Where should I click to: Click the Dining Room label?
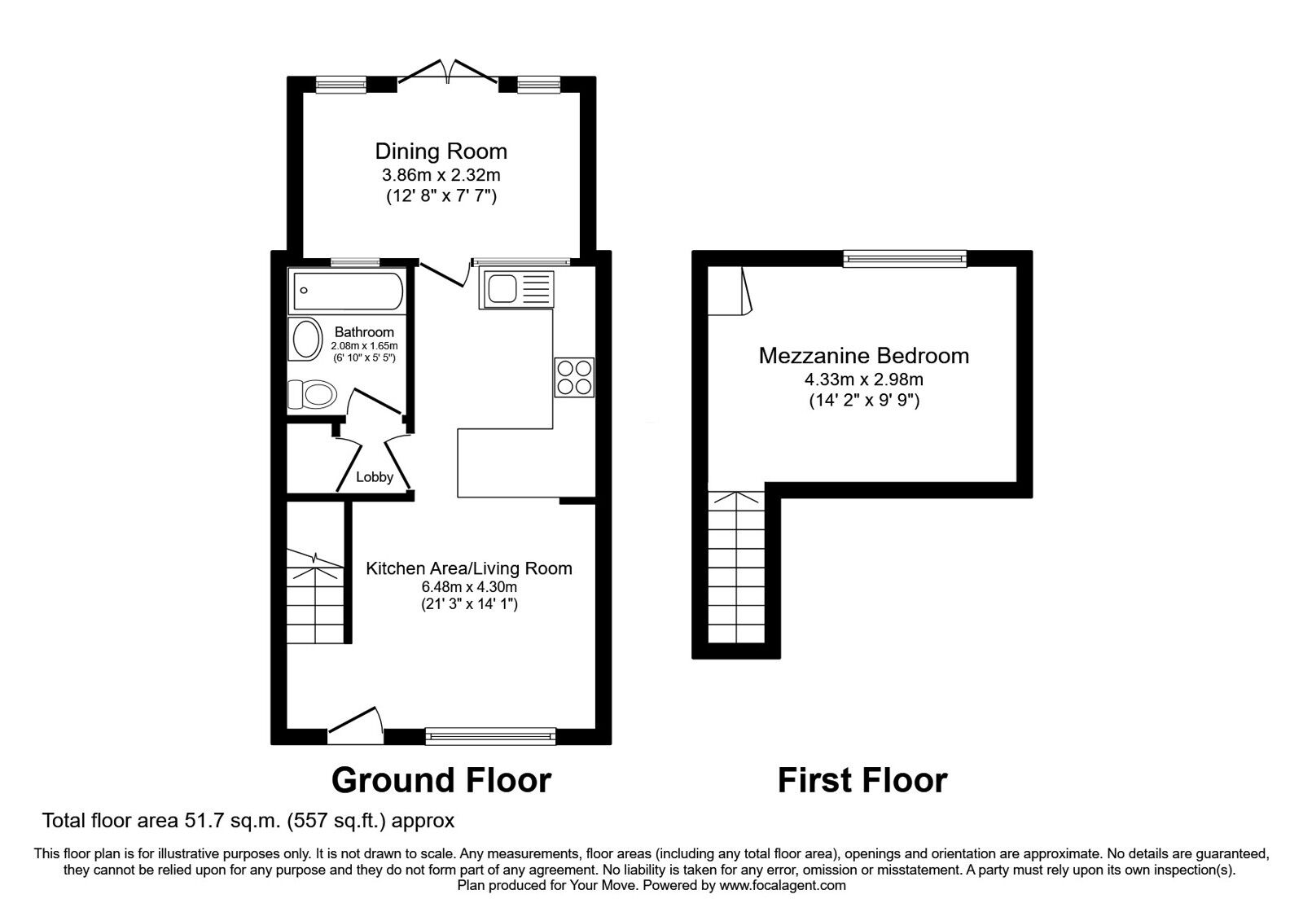tap(441, 151)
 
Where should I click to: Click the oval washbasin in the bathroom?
tap(306, 340)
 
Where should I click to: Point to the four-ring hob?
tap(574, 377)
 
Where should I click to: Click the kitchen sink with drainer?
tap(516, 289)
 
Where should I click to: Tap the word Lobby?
tap(375, 477)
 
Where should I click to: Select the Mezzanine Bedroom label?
tap(863, 356)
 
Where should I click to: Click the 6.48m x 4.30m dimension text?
tap(468, 586)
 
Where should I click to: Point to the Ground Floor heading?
tap(441, 779)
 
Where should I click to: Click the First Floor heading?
tap(862, 779)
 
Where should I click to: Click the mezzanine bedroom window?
tap(905, 259)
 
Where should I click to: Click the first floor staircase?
tap(736, 570)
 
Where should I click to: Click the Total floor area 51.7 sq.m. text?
tap(248, 820)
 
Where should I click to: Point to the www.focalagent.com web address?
tap(783, 885)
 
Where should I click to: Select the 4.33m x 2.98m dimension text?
tap(863, 379)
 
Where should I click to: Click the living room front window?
tap(490, 736)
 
